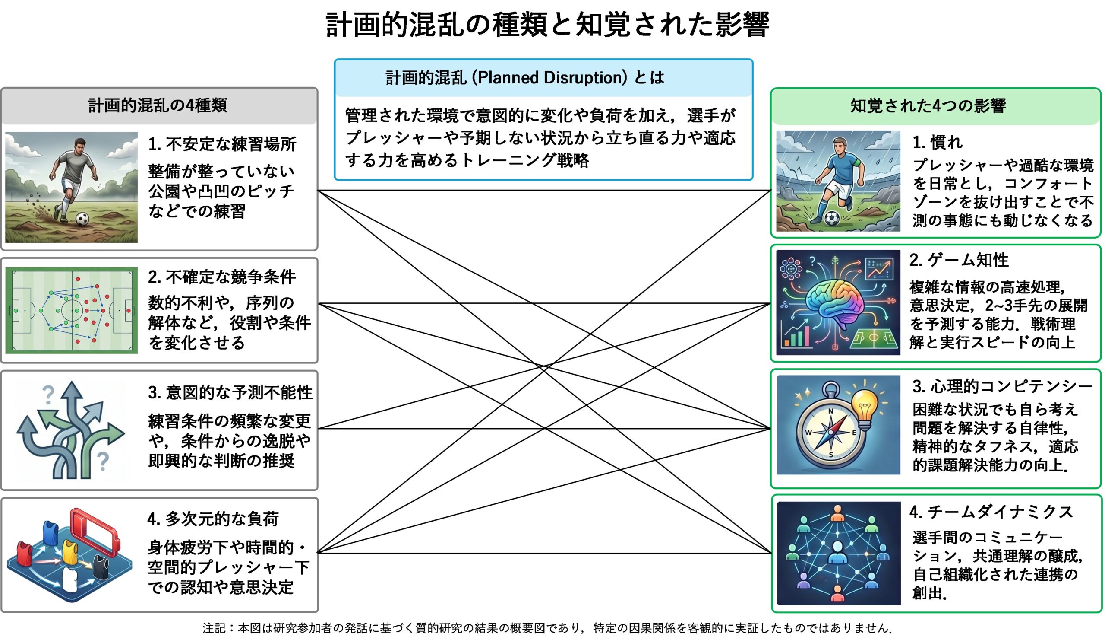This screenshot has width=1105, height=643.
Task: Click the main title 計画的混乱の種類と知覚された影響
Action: click(x=548, y=25)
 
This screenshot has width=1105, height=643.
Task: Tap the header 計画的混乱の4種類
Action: click(x=158, y=105)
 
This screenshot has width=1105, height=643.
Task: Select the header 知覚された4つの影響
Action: click(x=928, y=105)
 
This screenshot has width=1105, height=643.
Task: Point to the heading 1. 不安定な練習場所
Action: click(x=222, y=144)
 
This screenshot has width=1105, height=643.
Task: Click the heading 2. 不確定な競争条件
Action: click(x=222, y=277)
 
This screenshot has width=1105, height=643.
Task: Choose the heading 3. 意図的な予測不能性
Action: click(x=230, y=392)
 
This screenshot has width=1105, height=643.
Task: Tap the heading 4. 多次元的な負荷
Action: click(x=213, y=519)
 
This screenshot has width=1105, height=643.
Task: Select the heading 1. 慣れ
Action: click(x=938, y=142)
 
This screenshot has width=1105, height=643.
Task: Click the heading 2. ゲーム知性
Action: click(x=959, y=260)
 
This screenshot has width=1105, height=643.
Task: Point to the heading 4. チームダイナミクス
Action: click(x=991, y=512)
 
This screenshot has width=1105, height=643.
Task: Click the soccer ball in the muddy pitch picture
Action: click(x=82, y=219)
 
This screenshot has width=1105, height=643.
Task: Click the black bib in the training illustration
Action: click(x=101, y=566)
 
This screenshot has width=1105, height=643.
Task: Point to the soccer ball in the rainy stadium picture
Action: click(x=832, y=218)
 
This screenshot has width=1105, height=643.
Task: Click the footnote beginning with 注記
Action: click(x=547, y=628)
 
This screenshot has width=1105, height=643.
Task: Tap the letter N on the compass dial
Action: click(x=830, y=411)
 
